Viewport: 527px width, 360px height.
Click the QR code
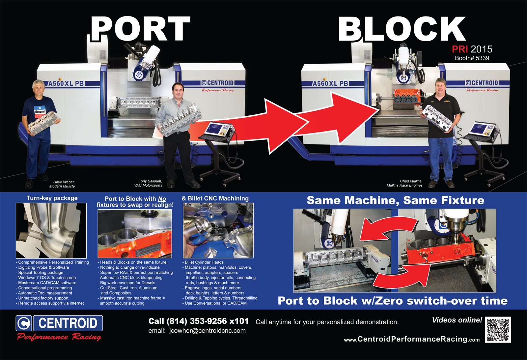pos(498,330)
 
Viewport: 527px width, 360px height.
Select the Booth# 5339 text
pos(472,58)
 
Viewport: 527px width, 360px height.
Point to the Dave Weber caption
pos(62,184)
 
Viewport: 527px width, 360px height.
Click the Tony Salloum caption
pos(149,183)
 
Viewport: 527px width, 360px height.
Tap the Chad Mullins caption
pos(405,183)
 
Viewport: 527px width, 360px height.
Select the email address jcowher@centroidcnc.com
pos(207,331)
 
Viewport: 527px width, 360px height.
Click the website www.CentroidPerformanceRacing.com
pos(412,339)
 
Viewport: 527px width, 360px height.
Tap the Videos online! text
pos(457,320)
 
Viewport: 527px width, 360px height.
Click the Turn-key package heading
pos(52,198)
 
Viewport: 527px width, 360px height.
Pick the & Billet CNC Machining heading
pos(215,198)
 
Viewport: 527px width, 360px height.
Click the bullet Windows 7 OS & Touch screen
pos(47,278)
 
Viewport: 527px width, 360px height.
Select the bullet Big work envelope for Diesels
pos(127,283)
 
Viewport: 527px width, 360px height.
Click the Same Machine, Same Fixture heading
pos(395,200)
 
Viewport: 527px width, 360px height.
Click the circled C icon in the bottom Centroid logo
pos(24,323)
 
